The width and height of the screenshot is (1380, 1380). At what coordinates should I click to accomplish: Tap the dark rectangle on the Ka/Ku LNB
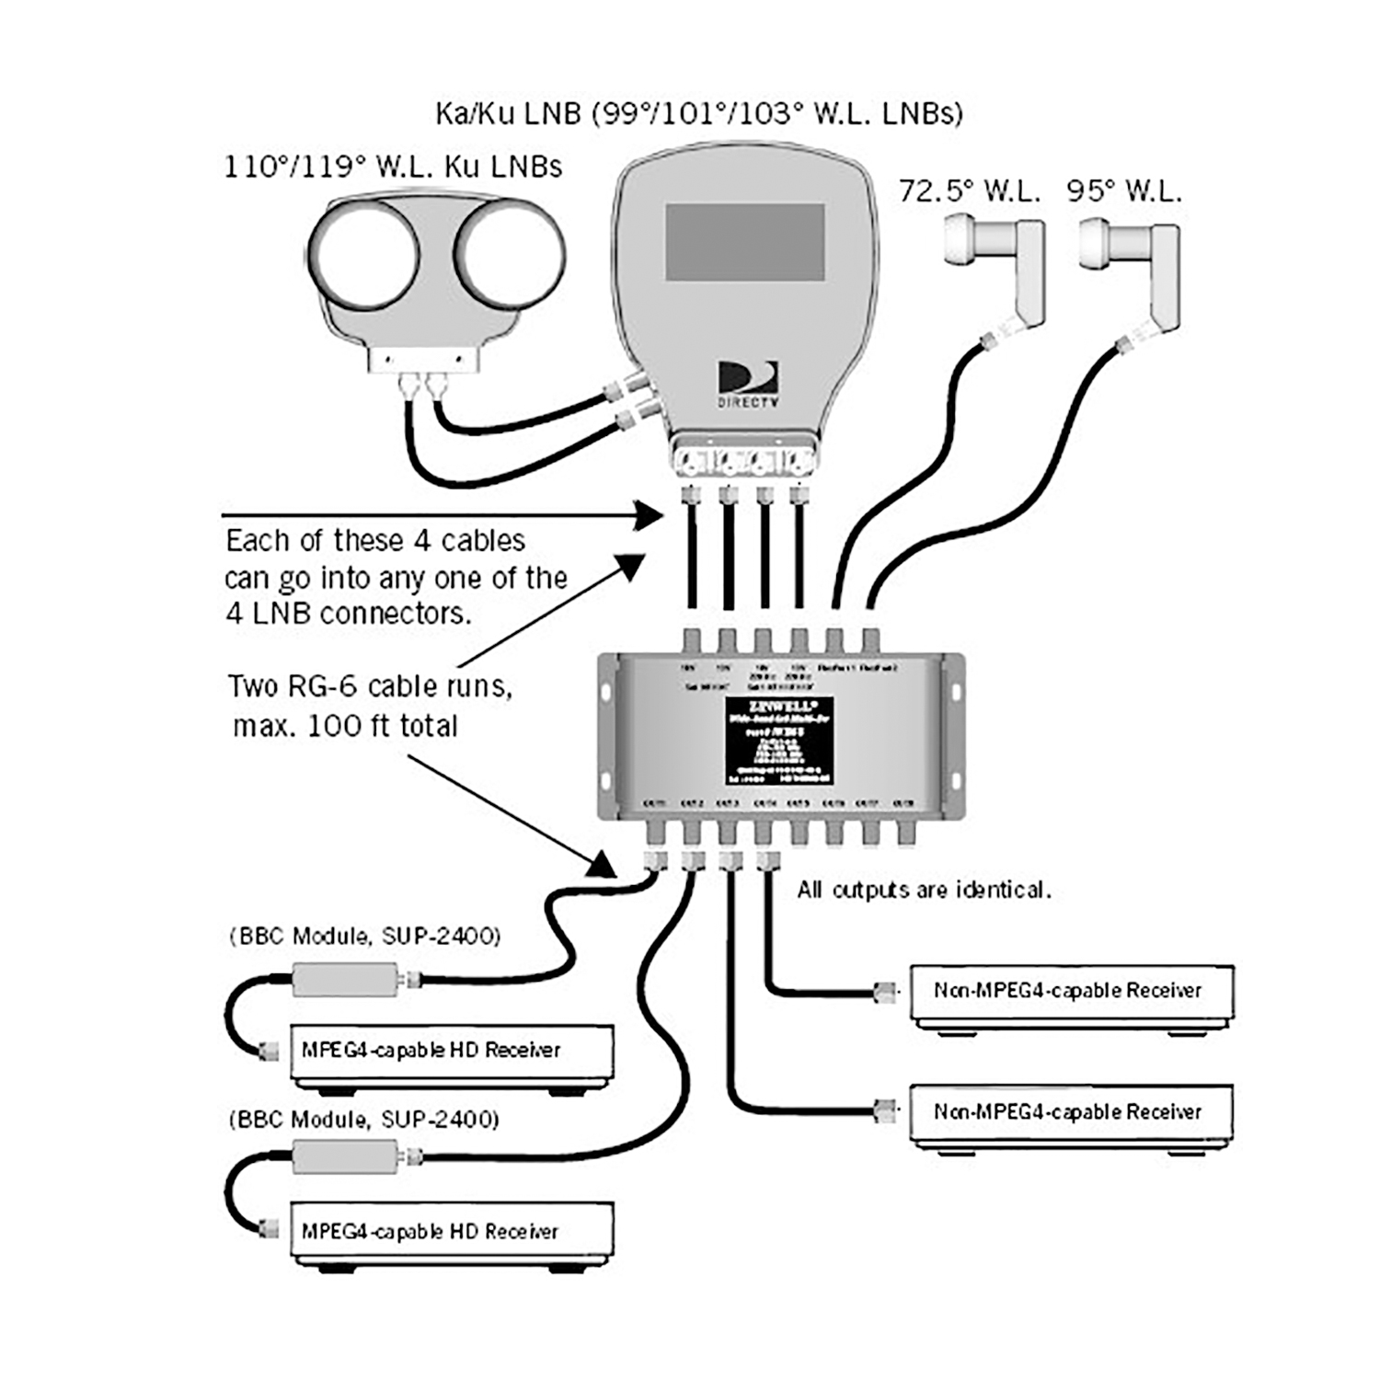[x=744, y=242]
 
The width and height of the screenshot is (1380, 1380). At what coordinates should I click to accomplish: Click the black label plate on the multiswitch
[x=779, y=742]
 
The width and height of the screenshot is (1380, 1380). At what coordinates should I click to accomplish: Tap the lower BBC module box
[x=345, y=1156]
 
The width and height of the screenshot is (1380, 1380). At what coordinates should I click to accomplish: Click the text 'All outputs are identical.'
[x=923, y=891]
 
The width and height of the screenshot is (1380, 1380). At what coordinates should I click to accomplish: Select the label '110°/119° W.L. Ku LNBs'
[x=393, y=167]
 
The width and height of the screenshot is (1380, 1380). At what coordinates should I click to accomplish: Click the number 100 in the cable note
[x=336, y=726]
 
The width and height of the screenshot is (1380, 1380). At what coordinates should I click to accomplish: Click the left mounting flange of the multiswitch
[x=607, y=736]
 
